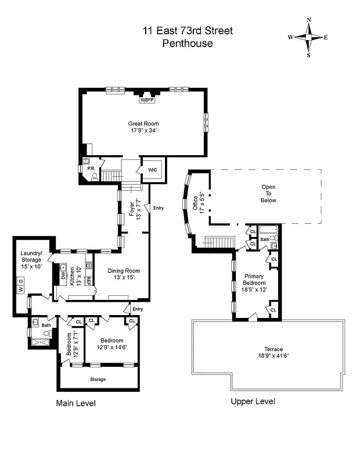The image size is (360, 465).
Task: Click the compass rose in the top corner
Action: point(308,37)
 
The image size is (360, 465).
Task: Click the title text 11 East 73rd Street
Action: point(188,31)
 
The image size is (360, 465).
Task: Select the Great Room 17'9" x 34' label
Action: point(143,127)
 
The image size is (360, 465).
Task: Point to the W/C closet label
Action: point(153,169)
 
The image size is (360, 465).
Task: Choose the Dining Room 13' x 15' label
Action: point(124,274)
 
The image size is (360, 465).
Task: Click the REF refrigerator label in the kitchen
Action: point(89,280)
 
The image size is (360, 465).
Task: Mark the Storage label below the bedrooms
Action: point(98,379)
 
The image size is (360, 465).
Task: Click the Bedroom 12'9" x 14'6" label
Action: point(111,344)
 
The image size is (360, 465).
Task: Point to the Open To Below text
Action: point(268,194)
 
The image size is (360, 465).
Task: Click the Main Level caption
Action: point(75,403)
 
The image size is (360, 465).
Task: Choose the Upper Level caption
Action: point(253,402)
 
